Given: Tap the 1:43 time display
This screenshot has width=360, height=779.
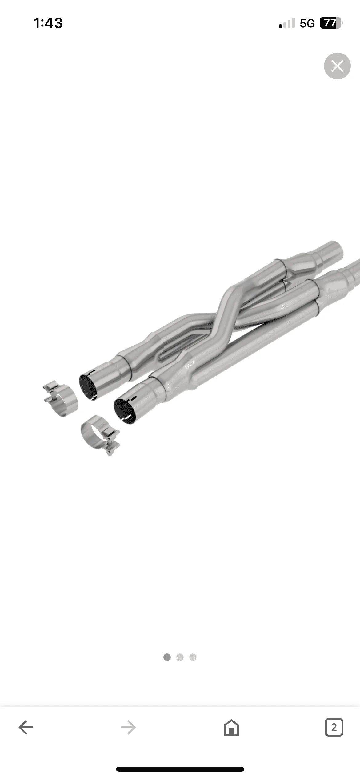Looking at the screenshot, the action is [48, 23].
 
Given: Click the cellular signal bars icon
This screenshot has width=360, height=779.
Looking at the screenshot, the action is [287, 23].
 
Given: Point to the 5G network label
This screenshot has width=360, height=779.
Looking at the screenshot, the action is [307, 23].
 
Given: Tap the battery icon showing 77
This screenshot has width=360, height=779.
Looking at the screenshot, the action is [331, 23].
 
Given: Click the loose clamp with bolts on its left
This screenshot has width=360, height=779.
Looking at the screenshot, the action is [61, 399].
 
